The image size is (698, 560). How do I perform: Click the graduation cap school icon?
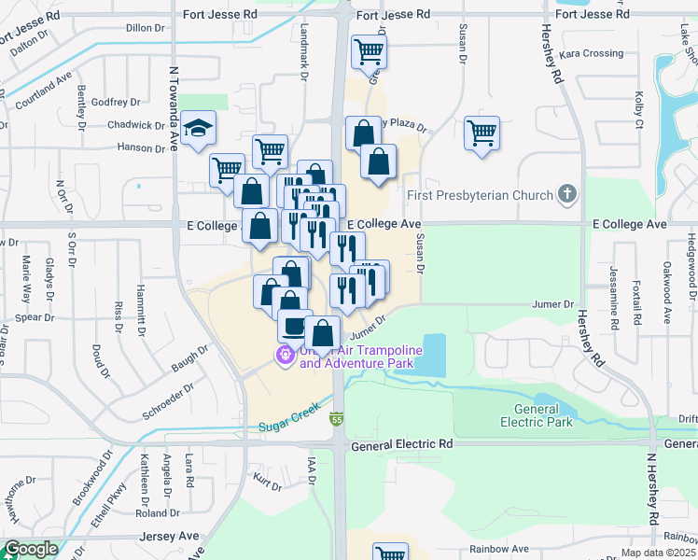pos(197,131)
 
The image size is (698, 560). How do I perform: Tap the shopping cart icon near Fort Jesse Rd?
pos(370,51)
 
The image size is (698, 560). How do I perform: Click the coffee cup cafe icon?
pos(295,327)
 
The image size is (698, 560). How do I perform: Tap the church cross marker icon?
pos(565,195)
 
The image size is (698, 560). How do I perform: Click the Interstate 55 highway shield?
pos(336,421)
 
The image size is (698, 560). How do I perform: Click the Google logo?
pos(31,550)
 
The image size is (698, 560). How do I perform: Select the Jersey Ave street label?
pos(169,536)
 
